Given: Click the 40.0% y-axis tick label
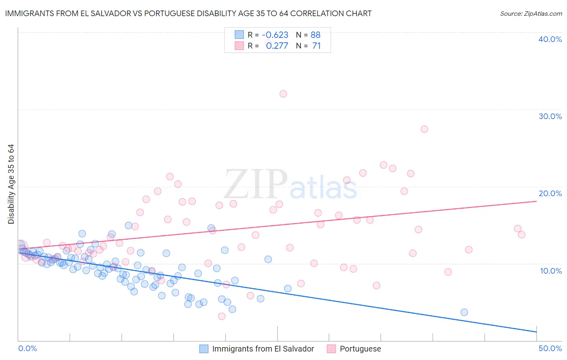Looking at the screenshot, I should [x=550, y=39].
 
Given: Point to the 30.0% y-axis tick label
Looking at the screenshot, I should [x=550, y=116].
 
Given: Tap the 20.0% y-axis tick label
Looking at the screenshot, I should [x=550, y=193].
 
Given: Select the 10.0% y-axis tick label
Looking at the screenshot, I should [x=550, y=271].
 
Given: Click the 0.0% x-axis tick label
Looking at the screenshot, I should [x=27, y=348].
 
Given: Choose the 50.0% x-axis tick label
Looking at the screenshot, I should [x=550, y=348].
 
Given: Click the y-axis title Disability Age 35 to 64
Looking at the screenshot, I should [x=11, y=184].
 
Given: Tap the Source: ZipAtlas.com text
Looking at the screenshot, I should [x=531, y=13].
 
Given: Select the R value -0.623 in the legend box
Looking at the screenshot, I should [x=275, y=35].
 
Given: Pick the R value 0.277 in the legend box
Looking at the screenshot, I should [x=277, y=46].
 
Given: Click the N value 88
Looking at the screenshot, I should [x=315, y=35].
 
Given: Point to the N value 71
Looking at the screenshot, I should [x=316, y=46].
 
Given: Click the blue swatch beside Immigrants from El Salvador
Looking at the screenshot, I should [x=204, y=349].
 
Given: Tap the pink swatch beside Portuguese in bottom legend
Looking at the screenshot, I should [x=331, y=349].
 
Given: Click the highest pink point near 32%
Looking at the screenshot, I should [x=283, y=94].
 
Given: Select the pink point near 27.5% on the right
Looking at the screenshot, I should [x=424, y=129].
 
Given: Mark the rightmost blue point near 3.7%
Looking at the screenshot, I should [x=464, y=312].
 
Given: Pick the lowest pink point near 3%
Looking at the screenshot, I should [x=221, y=316].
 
